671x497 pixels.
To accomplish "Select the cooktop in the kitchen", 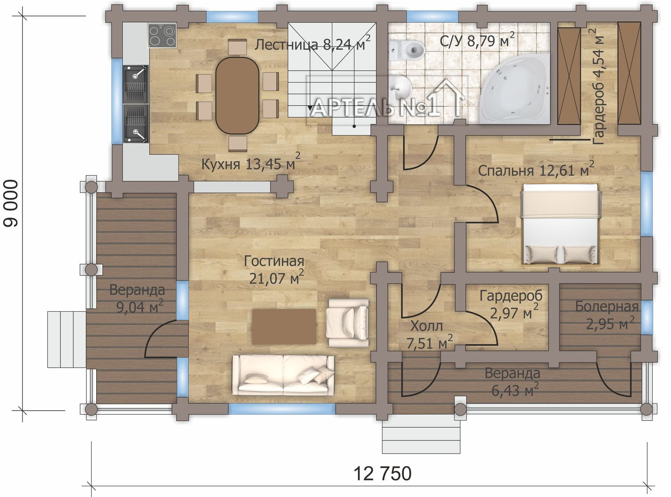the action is pos(162,35).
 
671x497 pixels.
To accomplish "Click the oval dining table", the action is pos(237,95).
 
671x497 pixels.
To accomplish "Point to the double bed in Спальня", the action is pos(561,224).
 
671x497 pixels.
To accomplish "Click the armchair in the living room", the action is pos(348,323).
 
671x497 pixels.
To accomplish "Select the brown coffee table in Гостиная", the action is pos(284,326).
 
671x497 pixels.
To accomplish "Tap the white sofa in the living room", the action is pos(283,375).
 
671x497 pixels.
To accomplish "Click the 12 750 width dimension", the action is pos(382,473).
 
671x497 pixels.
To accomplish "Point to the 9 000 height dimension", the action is pos(11,203).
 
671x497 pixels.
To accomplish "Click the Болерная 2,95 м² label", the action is pos(606,315).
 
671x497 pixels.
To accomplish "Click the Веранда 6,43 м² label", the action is pos(513,382).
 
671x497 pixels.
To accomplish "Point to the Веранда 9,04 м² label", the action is pos(137,298).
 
